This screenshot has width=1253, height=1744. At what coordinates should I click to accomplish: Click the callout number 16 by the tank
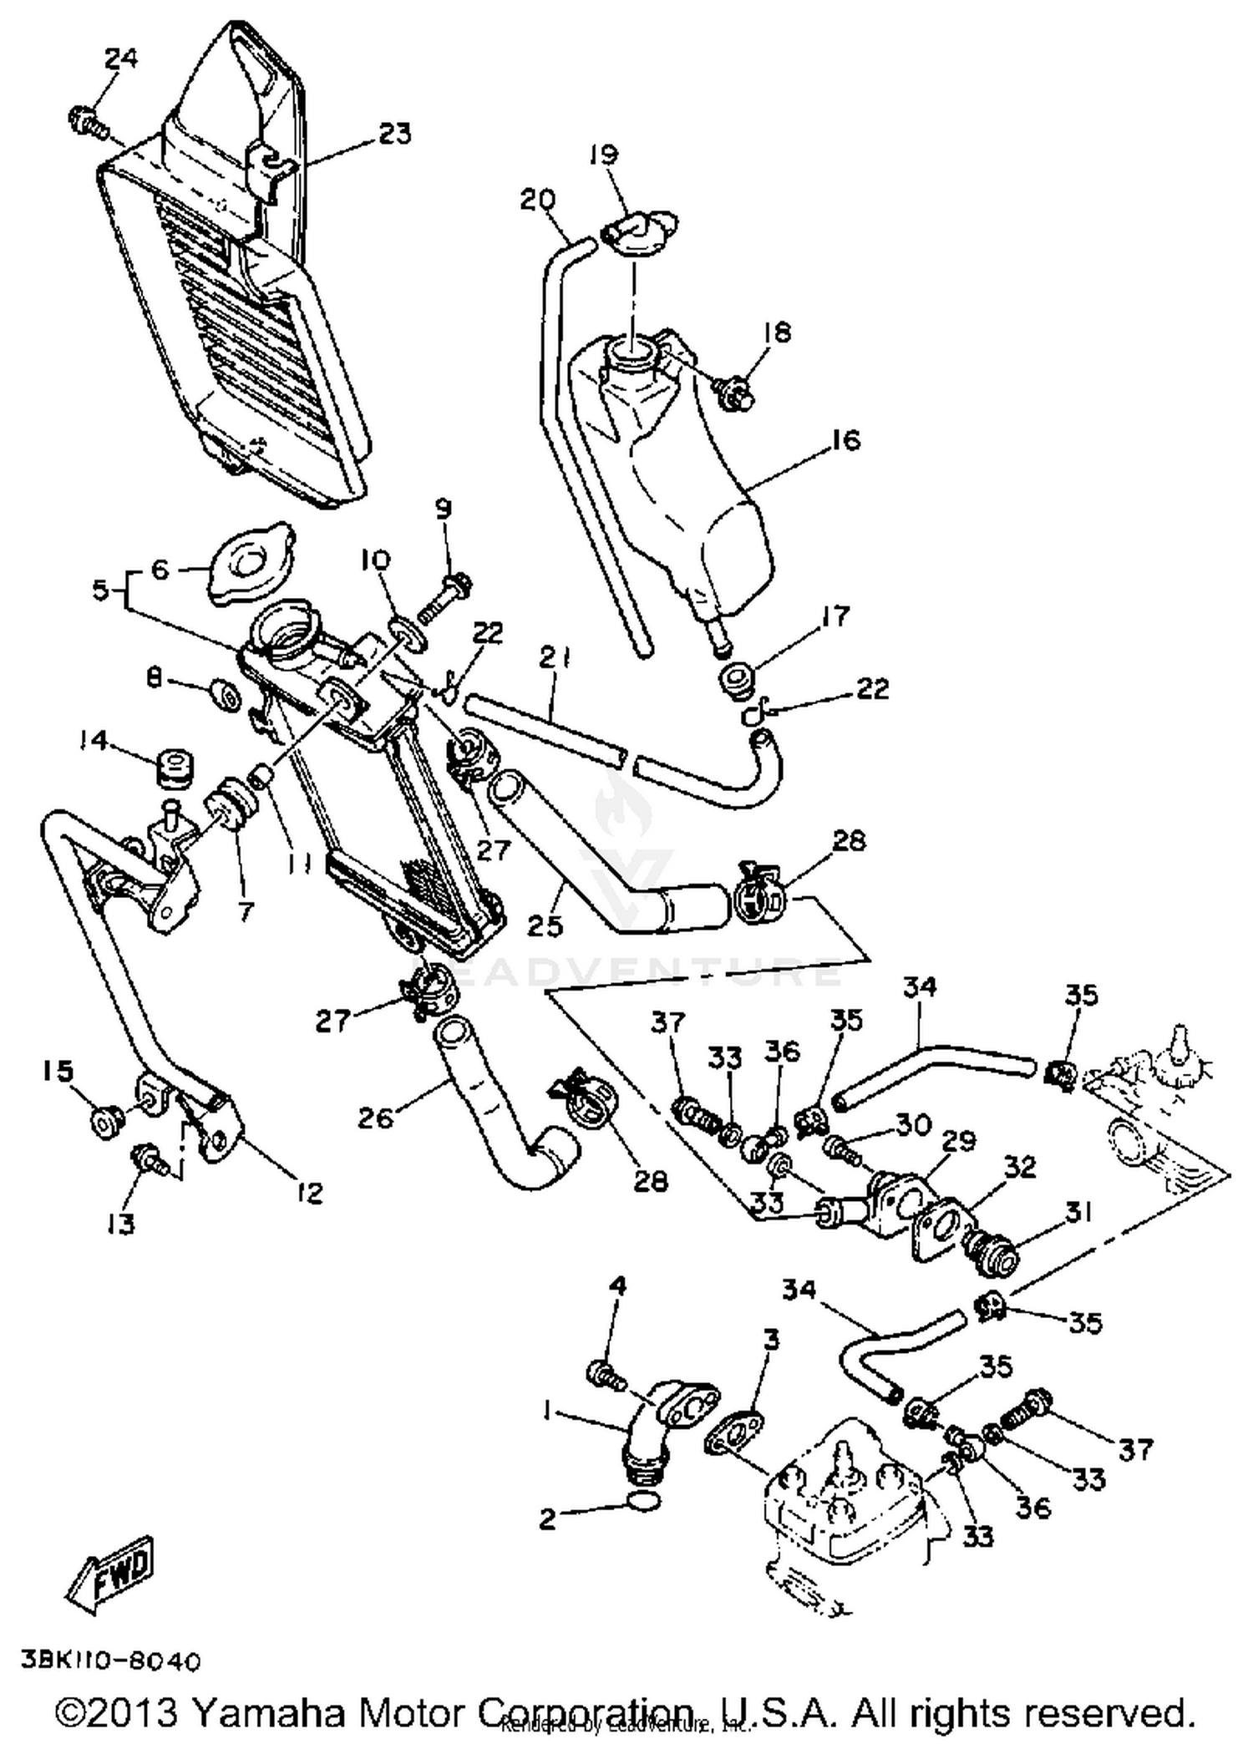845,440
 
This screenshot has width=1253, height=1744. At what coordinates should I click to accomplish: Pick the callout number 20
537,200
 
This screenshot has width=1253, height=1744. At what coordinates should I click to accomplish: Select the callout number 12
309,1193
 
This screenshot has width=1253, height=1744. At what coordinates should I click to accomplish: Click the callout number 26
376,1118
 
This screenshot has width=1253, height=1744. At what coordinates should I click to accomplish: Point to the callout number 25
545,925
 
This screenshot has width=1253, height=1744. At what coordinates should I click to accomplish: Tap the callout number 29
958,1141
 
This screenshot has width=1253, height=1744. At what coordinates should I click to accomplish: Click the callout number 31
1078,1212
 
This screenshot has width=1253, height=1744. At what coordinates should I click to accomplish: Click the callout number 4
617,1286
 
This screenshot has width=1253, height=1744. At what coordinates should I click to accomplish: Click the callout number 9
443,509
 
